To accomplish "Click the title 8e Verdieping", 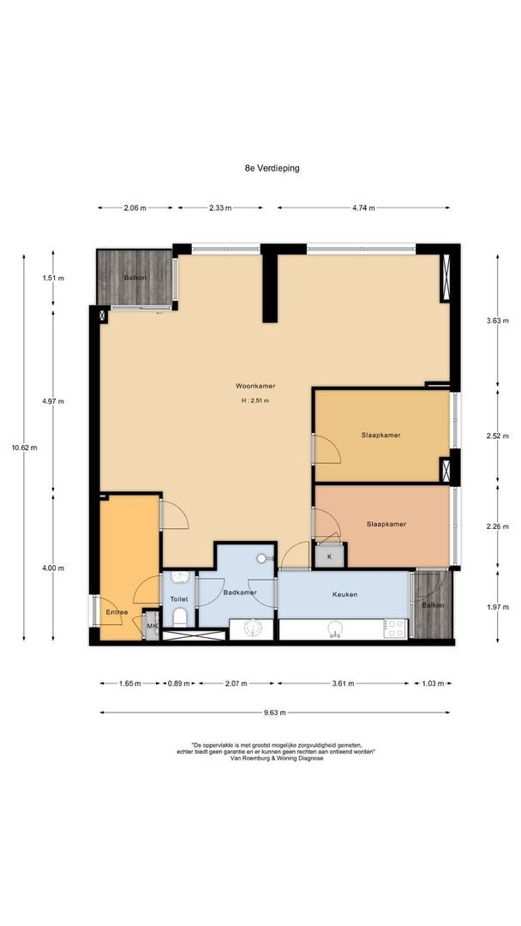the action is (272, 168).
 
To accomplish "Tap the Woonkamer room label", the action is (255, 386).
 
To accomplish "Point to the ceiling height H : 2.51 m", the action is (255, 401).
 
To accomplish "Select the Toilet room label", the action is (179, 598).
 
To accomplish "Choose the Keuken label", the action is (344, 595).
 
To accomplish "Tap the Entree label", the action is (117, 612).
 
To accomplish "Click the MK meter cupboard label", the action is (153, 627).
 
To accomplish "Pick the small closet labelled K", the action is (329, 556).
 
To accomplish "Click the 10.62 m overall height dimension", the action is (24, 447).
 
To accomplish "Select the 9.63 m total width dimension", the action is (274, 713).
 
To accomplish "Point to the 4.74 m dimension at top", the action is (363, 207).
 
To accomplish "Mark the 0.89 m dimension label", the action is (179, 684).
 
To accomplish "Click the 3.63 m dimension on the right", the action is (497, 321).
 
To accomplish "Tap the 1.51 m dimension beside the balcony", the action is (53, 278).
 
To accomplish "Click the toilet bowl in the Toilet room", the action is (181, 618).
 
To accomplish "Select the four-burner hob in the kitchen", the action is (395, 628).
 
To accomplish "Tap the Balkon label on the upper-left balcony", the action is (135, 278).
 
